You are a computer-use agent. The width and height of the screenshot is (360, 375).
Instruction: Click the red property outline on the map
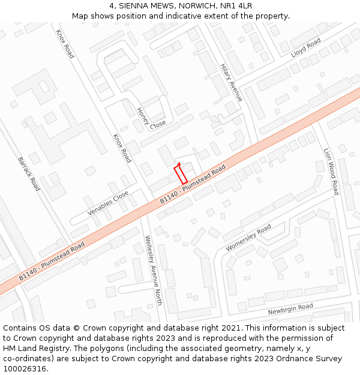pos(181,174)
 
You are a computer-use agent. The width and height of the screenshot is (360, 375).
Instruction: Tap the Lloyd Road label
pos(306,47)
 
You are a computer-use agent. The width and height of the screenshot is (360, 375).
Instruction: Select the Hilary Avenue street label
pos(231,82)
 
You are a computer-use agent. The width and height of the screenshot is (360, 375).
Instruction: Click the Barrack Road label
pos(29,174)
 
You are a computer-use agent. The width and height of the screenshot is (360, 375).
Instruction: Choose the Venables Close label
pos(108,203)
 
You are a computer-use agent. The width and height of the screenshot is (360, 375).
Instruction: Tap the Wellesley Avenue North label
pos(154,270)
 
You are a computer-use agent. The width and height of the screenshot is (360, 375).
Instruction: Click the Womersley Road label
pos(248,238)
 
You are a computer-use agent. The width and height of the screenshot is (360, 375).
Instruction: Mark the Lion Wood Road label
pos(331,172)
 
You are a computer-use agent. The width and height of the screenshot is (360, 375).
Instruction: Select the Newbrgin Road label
pos(290,309)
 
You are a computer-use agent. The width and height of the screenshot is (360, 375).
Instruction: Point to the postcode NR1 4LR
pos(236,6)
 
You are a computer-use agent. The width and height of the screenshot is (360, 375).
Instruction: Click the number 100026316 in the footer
pos(24,368)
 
